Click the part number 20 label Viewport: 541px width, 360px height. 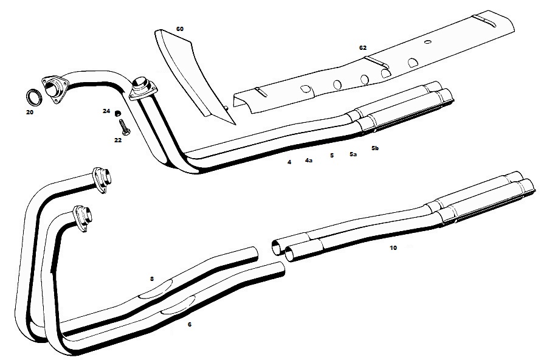30,112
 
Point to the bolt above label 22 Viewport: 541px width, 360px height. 123,127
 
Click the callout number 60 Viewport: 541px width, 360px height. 180,29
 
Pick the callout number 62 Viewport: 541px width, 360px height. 363,47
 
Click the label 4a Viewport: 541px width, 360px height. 308,160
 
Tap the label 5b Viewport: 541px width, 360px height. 375,148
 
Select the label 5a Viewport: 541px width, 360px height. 353,154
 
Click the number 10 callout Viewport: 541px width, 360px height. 393,247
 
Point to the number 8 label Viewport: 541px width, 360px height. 152,279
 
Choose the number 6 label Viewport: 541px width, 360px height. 190,325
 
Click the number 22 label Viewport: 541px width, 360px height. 118,140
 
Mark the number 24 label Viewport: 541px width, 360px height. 106,111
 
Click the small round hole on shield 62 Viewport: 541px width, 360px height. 428,42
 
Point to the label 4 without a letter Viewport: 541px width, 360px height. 289,162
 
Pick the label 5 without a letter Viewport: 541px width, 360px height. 331,155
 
